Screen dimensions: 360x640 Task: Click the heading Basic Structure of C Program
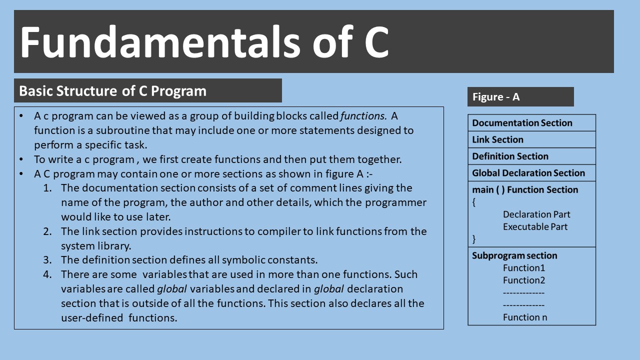pos(112,91)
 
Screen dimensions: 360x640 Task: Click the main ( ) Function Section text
pos(524,190)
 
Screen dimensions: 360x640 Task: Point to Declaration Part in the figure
pos(536,214)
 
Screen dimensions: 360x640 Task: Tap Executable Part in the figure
pos(535,226)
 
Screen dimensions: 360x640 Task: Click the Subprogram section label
pos(514,255)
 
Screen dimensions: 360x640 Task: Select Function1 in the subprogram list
pos(523,268)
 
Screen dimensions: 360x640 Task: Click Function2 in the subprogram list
pos(523,280)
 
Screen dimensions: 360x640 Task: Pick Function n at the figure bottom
pos(524,317)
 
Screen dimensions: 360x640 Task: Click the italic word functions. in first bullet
pos(363,116)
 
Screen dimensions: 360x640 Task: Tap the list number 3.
pos(47,260)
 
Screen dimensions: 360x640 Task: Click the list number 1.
pos(47,188)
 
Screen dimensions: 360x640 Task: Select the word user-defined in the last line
pos(92,317)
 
